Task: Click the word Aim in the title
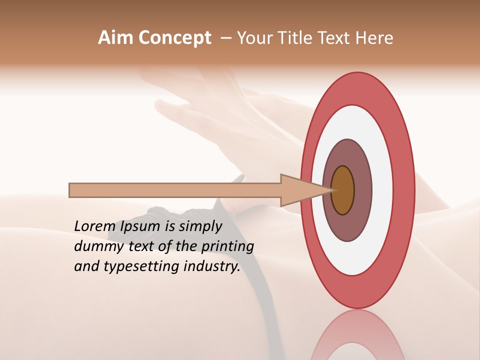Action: [x=115, y=38]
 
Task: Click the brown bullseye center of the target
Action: [x=343, y=190]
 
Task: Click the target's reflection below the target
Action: [x=357, y=337]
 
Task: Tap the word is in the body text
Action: [x=170, y=226]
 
